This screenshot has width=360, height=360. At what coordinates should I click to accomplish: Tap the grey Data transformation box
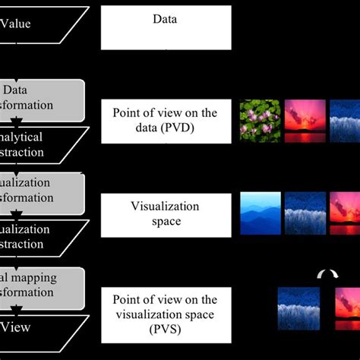tap(42, 99)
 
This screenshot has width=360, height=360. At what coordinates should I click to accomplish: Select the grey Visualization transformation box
tap(42, 193)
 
